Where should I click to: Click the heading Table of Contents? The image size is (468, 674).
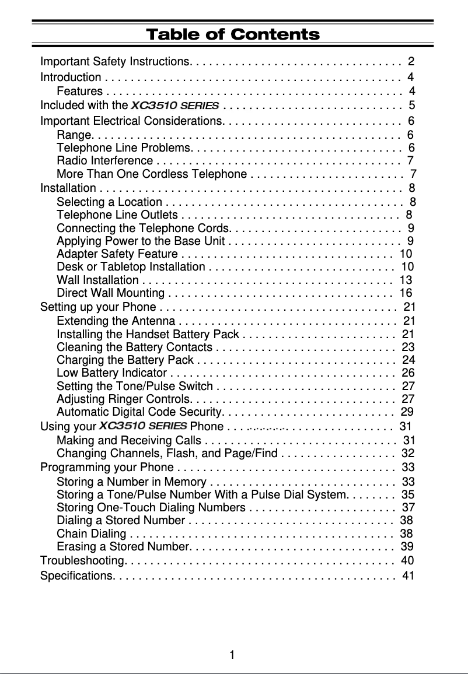[233, 34]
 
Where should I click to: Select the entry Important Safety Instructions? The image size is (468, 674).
[115, 61]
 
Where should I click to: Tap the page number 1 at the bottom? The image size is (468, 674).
[232, 655]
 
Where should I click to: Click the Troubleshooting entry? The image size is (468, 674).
[82, 561]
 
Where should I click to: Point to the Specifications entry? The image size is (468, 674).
[76, 576]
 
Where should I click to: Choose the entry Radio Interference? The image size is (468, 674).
[105, 160]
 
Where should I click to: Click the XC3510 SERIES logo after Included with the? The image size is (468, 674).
[175, 106]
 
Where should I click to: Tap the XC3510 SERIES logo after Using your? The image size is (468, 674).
[144, 426]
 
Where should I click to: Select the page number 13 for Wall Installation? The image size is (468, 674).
[406, 279]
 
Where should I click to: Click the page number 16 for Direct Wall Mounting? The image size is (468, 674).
[406, 293]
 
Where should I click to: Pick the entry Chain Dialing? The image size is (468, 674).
[92, 533]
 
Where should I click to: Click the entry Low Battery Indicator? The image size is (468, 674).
[112, 373]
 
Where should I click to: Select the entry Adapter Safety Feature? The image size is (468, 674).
[117, 254]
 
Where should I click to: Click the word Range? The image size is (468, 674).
[71, 135]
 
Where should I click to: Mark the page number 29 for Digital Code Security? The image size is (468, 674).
[407, 413]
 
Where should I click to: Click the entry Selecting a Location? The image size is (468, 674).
[110, 202]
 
